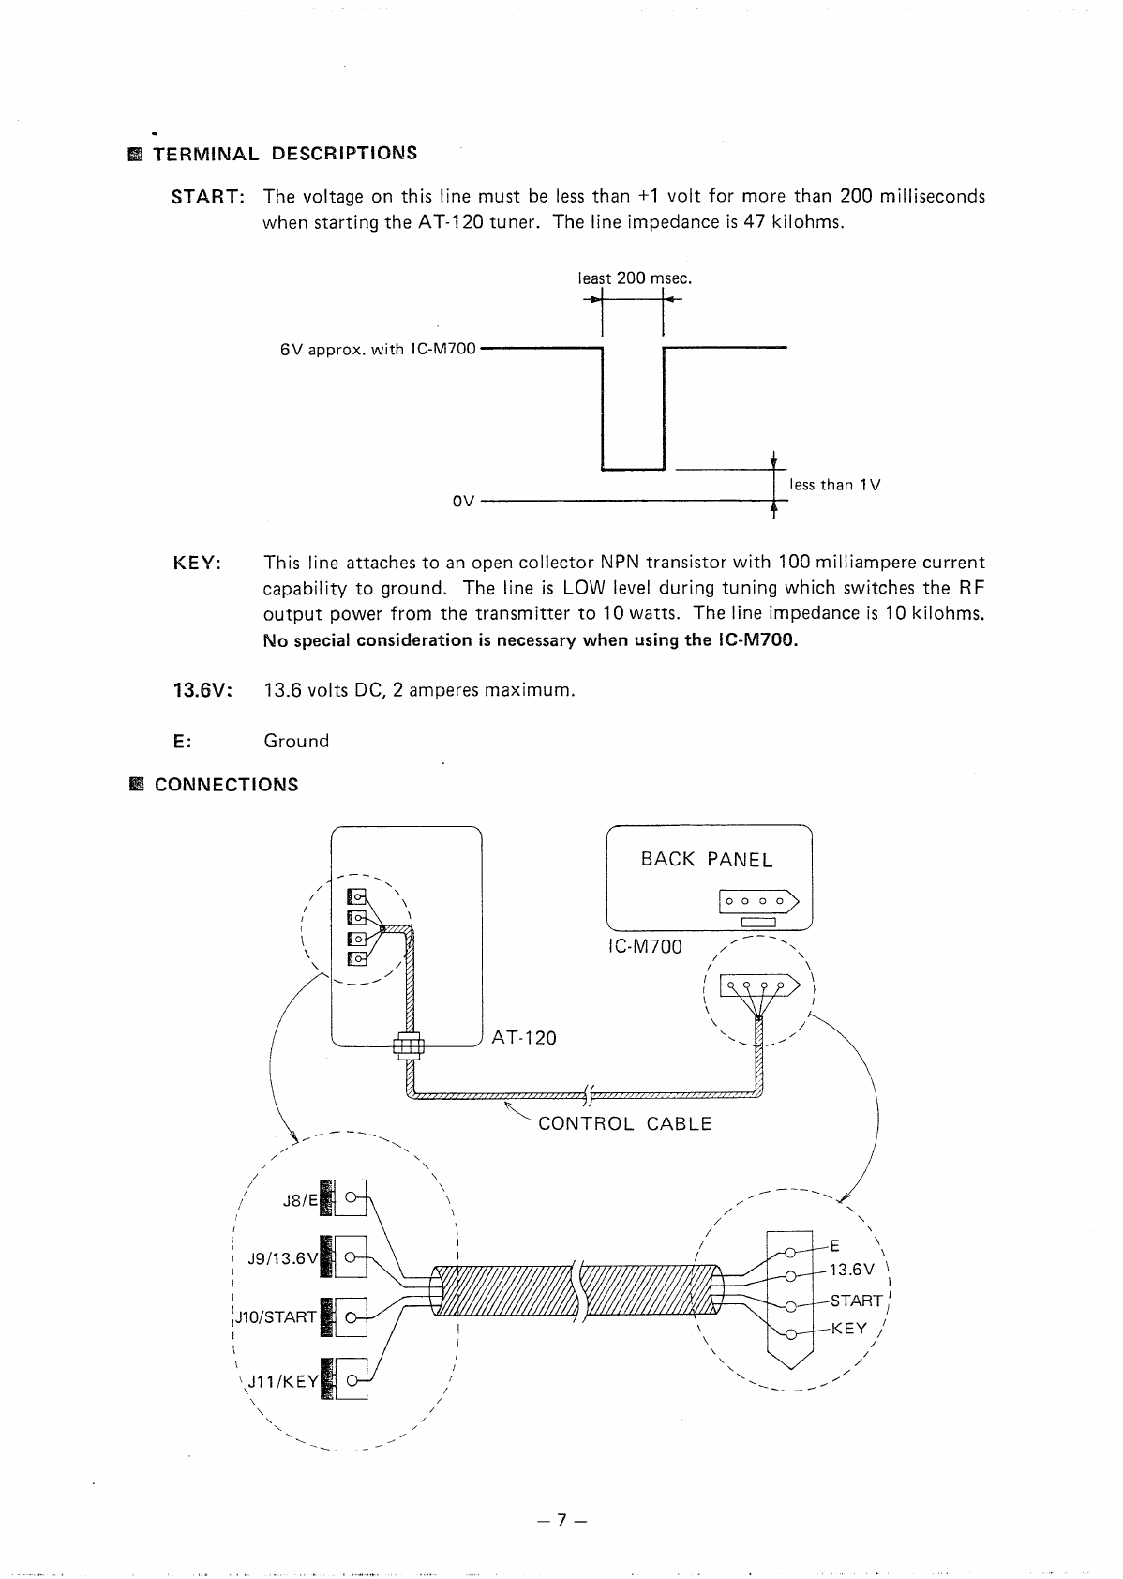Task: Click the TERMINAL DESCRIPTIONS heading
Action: (285, 153)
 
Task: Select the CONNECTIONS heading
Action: (226, 785)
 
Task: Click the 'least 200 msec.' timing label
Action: (635, 278)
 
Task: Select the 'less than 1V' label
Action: (834, 485)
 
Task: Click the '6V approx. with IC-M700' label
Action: (378, 350)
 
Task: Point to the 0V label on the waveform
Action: (464, 501)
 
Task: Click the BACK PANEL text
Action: (707, 860)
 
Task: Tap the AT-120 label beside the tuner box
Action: (524, 1038)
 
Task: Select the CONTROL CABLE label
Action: (625, 1123)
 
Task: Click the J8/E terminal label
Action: (301, 1200)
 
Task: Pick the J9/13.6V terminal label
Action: (283, 1259)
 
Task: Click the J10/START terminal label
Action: (275, 1317)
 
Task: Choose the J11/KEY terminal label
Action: (282, 1381)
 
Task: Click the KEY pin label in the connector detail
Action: (849, 1329)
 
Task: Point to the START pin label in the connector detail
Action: (856, 1301)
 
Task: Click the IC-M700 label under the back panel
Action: (646, 946)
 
